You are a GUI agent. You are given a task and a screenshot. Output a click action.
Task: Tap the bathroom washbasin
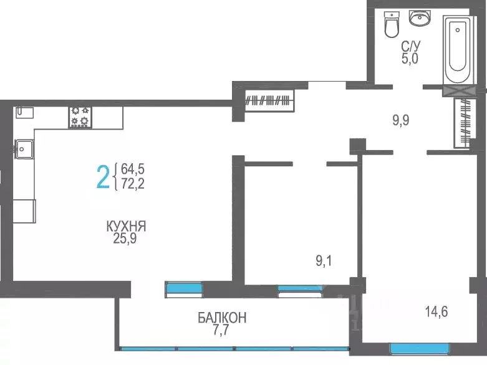tap(420, 19)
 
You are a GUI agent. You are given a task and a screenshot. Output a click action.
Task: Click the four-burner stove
tap(80, 115)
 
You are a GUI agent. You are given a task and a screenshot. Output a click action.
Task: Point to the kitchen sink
tap(24, 148)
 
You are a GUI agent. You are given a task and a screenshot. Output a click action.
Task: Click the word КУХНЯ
tap(130, 225)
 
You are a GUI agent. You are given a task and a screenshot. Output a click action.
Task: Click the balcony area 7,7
tap(222, 329)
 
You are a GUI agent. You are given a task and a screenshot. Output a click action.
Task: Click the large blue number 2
tap(102, 176)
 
